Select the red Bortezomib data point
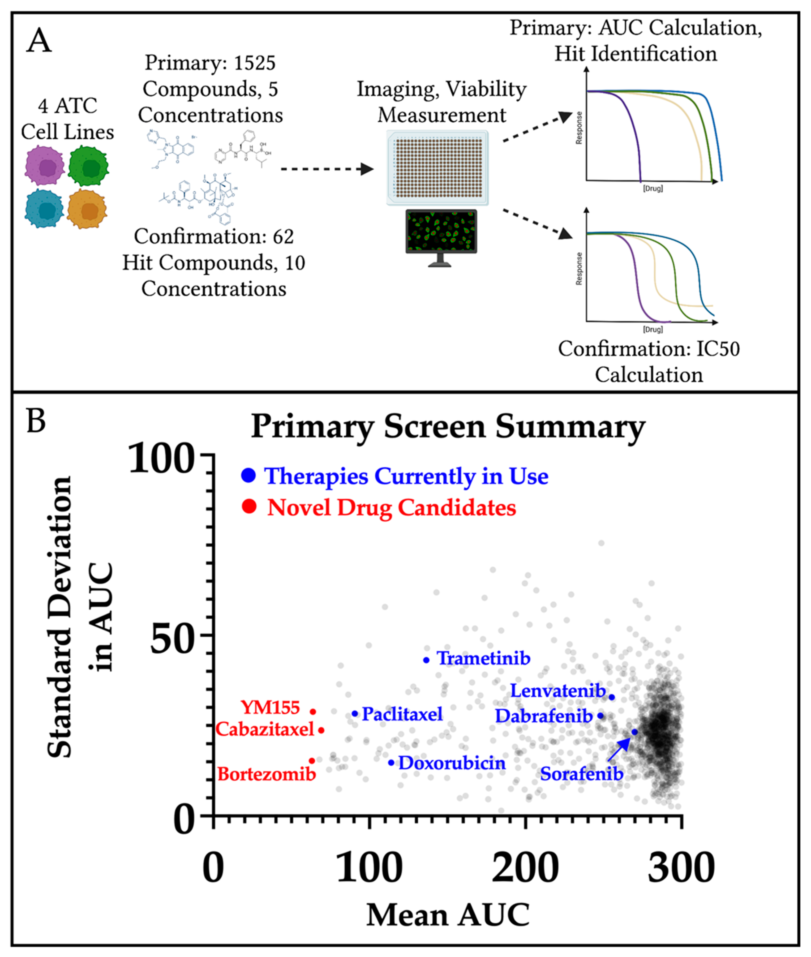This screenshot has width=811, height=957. coord(312,761)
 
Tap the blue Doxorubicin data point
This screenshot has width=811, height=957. coord(391,763)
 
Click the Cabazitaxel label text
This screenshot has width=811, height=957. coord(265,729)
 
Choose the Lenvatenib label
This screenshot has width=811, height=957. coord(558,691)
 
